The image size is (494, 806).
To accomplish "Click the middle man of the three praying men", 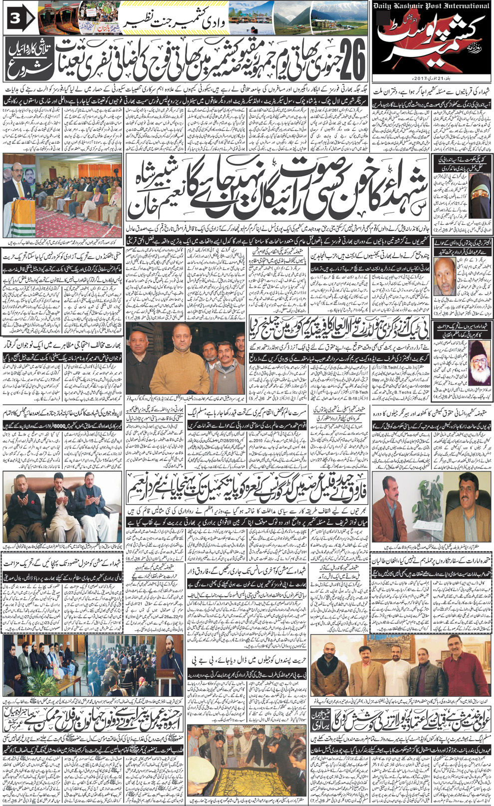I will (60, 499).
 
